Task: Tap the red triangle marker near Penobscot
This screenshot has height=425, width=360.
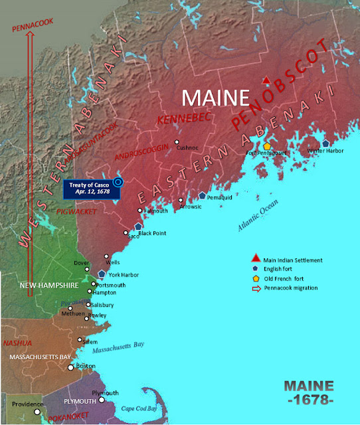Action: [x=266, y=80]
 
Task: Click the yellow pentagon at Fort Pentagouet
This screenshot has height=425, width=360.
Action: [x=266, y=146]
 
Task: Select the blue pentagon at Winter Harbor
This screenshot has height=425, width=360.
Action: [x=325, y=143]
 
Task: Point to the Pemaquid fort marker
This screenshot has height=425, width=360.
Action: [x=202, y=195]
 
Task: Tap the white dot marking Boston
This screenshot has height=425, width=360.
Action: [x=71, y=367]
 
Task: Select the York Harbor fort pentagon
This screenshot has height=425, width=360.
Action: [x=102, y=274]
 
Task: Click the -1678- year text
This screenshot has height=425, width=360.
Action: [x=310, y=402]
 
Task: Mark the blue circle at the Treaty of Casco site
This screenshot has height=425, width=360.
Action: [x=118, y=181]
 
